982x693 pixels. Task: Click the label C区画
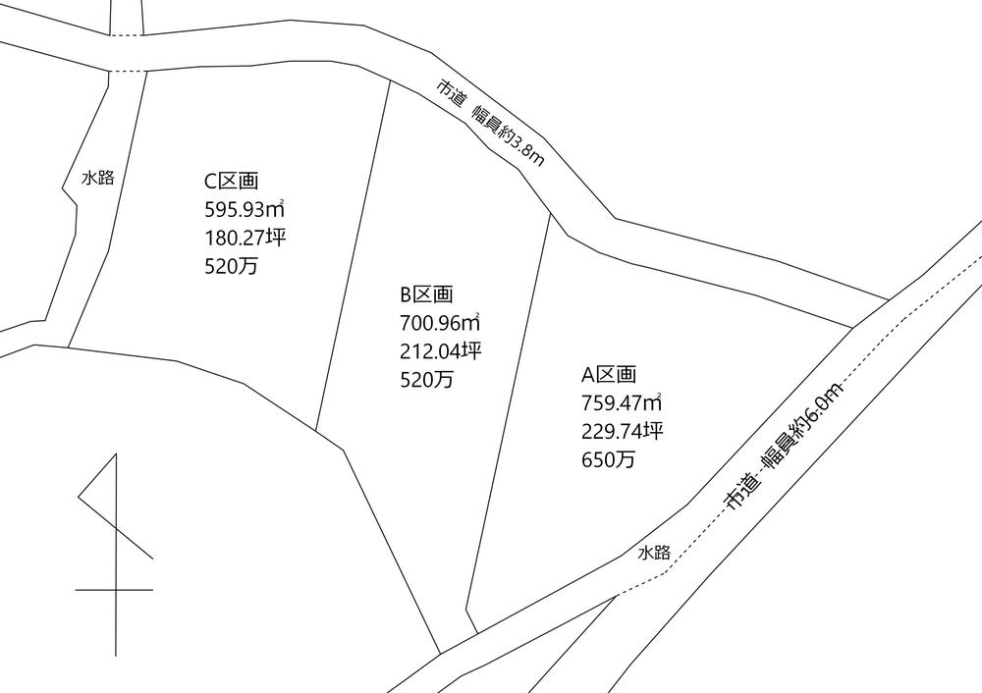pos(231,181)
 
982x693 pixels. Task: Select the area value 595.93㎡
pos(245,209)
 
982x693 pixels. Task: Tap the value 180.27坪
pos(245,238)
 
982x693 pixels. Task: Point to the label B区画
pos(426,294)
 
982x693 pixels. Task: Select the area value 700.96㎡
pos(440,323)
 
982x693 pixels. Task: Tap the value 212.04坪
pos(440,351)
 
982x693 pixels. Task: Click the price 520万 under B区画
pos(426,380)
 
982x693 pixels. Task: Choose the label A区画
pos(609,374)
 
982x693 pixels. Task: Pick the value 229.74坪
pos(623,431)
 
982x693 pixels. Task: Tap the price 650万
pos(609,459)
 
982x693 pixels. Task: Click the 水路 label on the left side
pos(98,179)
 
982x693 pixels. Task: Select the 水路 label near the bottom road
pos(654,553)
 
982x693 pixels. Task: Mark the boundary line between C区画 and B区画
pos(354,255)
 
